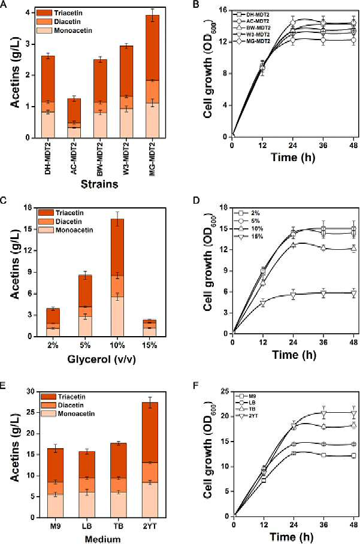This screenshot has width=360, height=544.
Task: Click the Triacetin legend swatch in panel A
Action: click(x=44, y=13)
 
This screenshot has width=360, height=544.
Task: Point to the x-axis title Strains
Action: click(x=99, y=183)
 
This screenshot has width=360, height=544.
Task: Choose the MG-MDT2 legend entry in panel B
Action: click(x=253, y=41)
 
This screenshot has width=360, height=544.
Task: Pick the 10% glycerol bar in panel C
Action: click(x=117, y=277)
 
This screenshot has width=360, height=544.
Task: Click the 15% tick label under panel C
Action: click(x=150, y=345)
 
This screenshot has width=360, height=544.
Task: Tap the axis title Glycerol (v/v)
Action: click(x=101, y=359)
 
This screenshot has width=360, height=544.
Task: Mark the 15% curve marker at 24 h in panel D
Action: click(x=294, y=295)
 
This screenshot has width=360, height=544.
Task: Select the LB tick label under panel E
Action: click(x=86, y=526)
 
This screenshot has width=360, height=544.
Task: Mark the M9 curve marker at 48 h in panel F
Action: click(x=353, y=455)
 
